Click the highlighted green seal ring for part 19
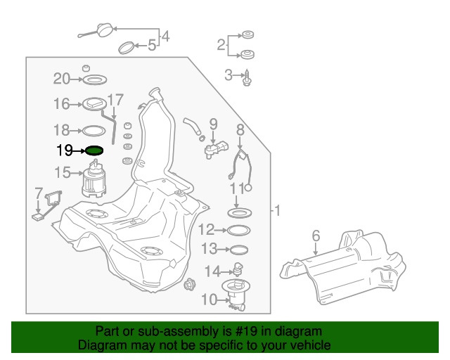pyautogui.click(x=94, y=150)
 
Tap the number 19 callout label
pyautogui.click(x=65, y=150)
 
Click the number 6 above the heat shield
pyautogui.click(x=316, y=236)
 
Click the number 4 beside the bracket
pyautogui.click(x=166, y=36)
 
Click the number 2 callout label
pyautogui.click(x=221, y=45)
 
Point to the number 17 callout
pyautogui.click(x=115, y=99)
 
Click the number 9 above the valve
pyautogui.click(x=213, y=124)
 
